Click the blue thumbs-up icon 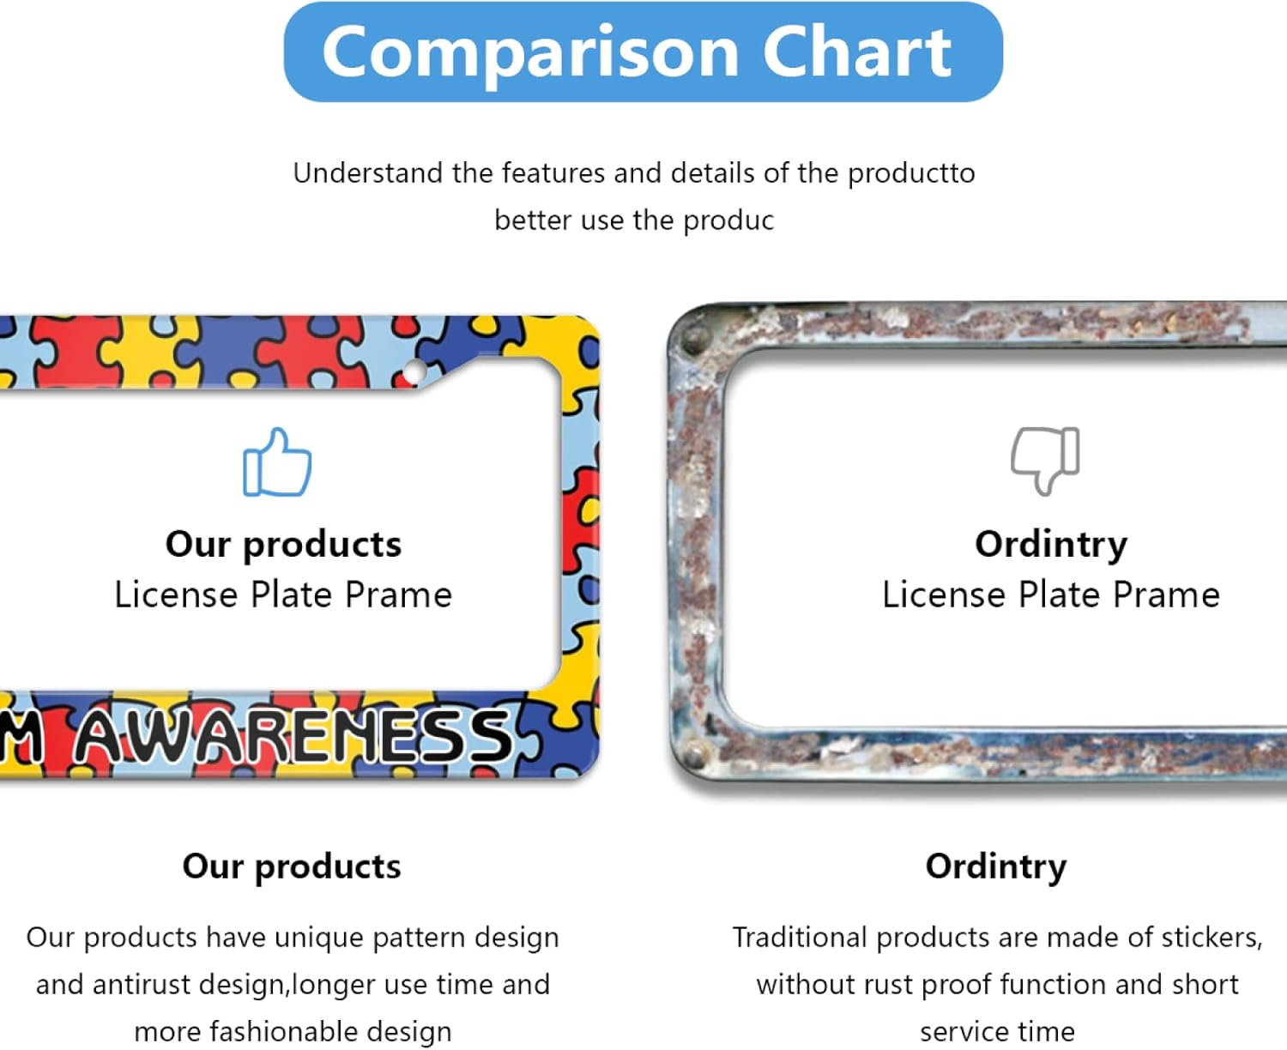pos(277,463)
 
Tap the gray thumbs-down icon pos(1045,459)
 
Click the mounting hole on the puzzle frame pos(414,372)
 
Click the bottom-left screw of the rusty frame pos(693,757)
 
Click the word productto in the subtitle pos(911,174)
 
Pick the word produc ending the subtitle pos(728,220)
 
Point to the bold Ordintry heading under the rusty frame pos(995,866)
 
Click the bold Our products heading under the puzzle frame pos(292,866)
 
